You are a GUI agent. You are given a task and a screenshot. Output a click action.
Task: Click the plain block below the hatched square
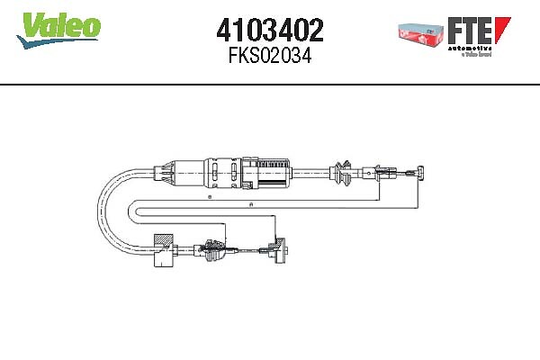pyautogui.click(x=164, y=263)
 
